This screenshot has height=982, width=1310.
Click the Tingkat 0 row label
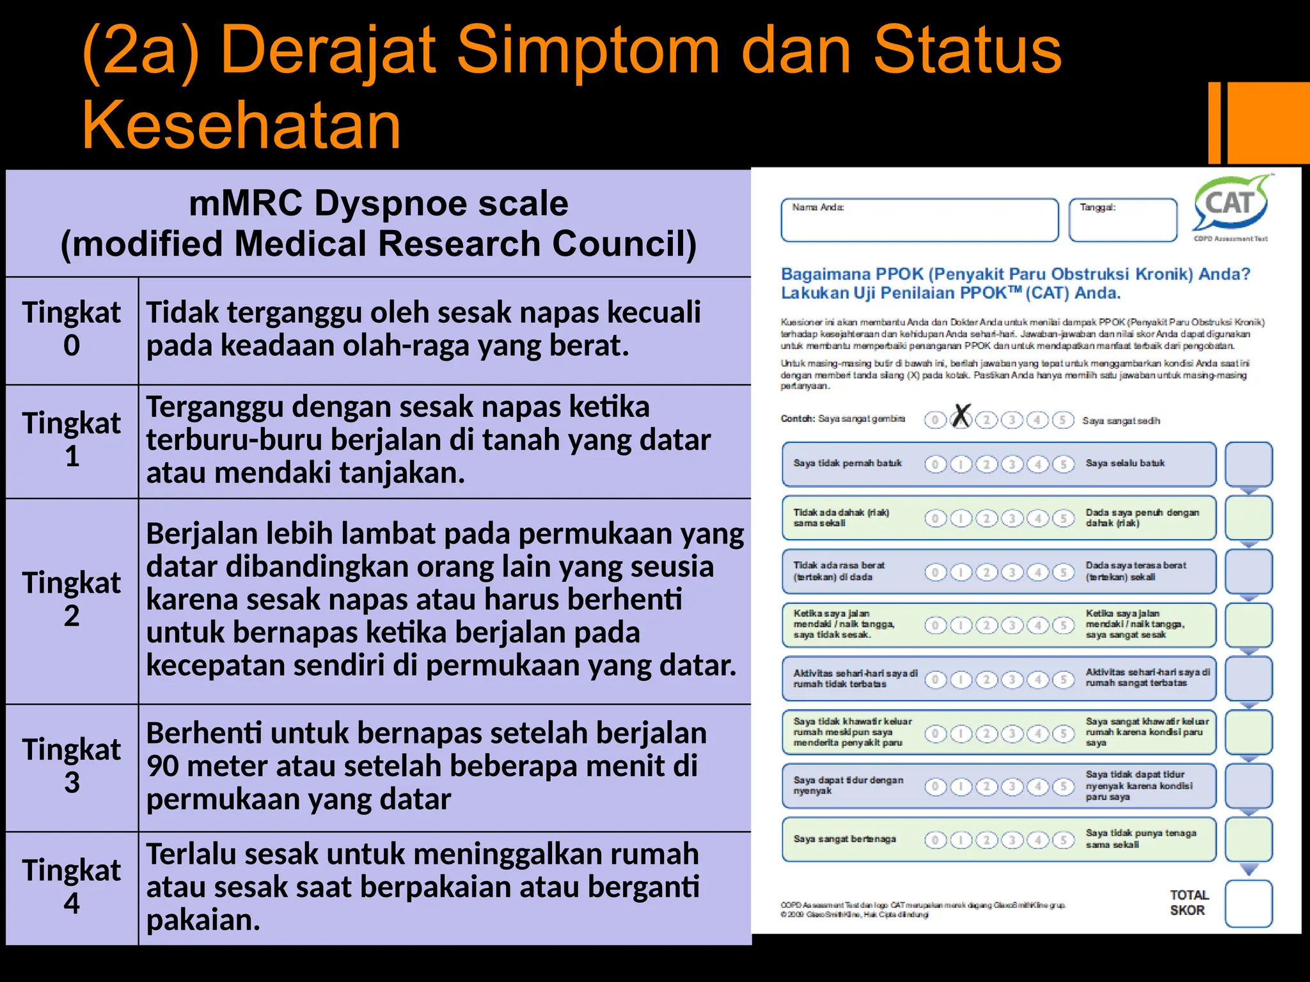pyautogui.click(x=72, y=329)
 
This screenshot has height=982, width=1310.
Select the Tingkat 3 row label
pyautogui.click(x=72, y=766)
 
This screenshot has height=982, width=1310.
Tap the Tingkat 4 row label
pyautogui.click(x=72, y=887)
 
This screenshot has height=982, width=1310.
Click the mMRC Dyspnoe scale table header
pyautogui.click(x=378, y=223)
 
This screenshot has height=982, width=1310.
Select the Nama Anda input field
pyautogui.click(x=919, y=221)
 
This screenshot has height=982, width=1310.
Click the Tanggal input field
pyautogui.click(x=1123, y=221)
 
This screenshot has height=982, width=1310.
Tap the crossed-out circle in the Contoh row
pyautogui.click(x=961, y=419)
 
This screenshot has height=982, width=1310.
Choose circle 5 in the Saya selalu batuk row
pyautogui.click(x=1063, y=464)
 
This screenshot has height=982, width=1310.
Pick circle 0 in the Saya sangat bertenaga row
pyautogui.click(x=935, y=839)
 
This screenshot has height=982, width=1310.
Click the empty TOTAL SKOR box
pyautogui.click(x=1248, y=903)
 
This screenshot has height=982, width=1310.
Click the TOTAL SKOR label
pyautogui.click(x=1188, y=903)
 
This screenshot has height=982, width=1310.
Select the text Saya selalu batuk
pyautogui.click(x=1125, y=464)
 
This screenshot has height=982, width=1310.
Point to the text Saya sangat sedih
pyautogui.click(x=1121, y=421)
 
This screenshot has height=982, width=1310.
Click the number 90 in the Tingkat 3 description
pyautogui.click(x=162, y=766)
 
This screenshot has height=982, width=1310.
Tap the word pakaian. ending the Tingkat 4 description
pyautogui.click(x=203, y=920)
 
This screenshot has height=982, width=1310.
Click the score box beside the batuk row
pyautogui.click(x=1248, y=464)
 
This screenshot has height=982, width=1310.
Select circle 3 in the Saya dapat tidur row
pyautogui.click(x=1012, y=786)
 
